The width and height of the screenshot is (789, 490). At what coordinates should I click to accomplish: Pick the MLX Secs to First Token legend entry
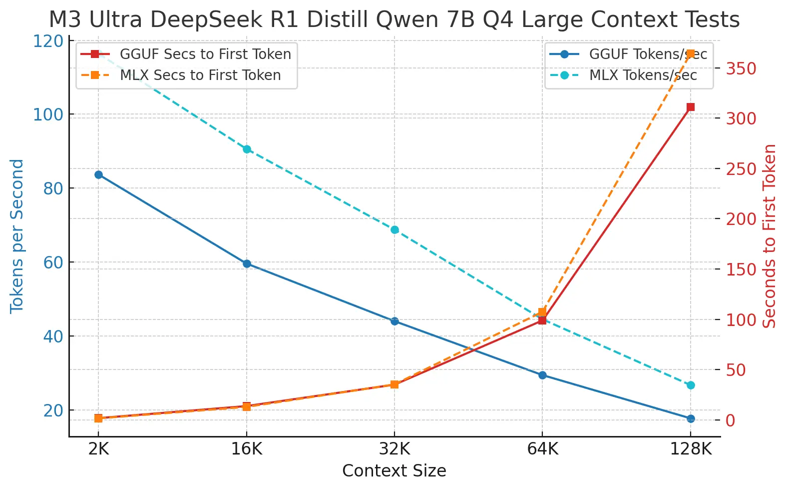pyautogui.click(x=181, y=75)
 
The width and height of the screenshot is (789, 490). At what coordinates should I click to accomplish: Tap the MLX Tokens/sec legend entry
pyautogui.click(x=623, y=75)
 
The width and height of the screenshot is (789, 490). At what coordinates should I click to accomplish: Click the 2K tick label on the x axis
pyautogui.click(x=99, y=449)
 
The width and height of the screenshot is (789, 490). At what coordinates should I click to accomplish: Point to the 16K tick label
pyautogui.click(x=247, y=449)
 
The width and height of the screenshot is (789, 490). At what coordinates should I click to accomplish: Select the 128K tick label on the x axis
pyautogui.click(x=691, y=449)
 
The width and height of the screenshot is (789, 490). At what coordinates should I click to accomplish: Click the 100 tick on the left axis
pyautogui.click(x=48, y=114)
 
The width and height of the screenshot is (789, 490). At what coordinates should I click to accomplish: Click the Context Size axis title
pyautogui.click(x=394, y=471)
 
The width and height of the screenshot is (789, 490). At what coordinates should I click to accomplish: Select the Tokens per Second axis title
pyautogui.click(x=16, y=236)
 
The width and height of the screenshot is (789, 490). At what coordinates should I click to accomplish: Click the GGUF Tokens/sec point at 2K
pyautogui.click(x=99, y=174)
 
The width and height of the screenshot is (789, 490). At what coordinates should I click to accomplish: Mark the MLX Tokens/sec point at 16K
pyautogui.click(x=247, y=149)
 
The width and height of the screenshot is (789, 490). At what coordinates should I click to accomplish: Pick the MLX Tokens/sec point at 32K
pyautogui.click(x=395, y=230)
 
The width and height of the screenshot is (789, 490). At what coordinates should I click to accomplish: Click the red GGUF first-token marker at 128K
pyautogui.click(x=691, y=107)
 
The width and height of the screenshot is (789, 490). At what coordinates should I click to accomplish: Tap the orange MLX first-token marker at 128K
pyautogui.click(x=691, y=53)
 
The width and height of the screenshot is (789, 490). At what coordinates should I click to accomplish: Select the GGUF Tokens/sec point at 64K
pyautogui.click(x=543, y=375)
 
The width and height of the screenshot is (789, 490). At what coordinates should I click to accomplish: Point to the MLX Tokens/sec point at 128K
pyautogui.click(x=691, y=385)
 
